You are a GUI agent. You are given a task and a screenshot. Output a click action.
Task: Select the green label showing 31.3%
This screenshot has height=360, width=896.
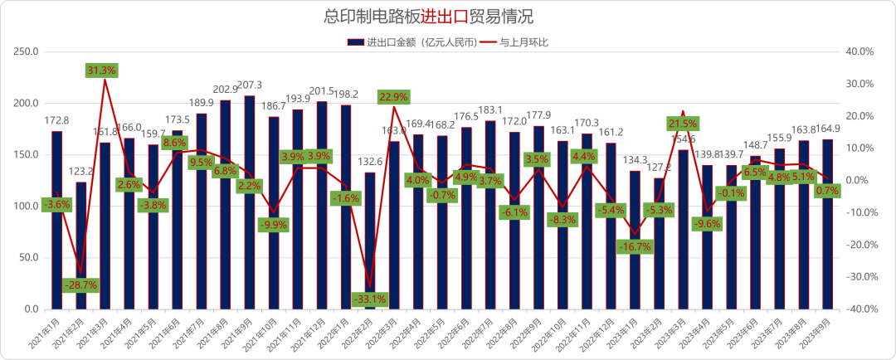(101, 71)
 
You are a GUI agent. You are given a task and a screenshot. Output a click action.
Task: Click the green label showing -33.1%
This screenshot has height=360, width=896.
(370, 299)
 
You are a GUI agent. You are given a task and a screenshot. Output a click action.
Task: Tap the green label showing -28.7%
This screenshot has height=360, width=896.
(80, 285)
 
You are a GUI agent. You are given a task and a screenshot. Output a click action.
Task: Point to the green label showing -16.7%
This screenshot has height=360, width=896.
(635, 246)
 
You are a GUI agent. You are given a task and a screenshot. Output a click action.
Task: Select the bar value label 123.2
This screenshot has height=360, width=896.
(80, 172)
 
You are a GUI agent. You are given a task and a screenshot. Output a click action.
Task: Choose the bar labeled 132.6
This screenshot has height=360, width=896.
(370, 241)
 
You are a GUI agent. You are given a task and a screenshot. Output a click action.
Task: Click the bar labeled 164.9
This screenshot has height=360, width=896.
(828, 224)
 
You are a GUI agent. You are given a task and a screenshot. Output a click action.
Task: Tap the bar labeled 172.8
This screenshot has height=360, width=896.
(56, 220)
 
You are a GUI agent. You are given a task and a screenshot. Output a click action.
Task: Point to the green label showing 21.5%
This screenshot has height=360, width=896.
(684, 124)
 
